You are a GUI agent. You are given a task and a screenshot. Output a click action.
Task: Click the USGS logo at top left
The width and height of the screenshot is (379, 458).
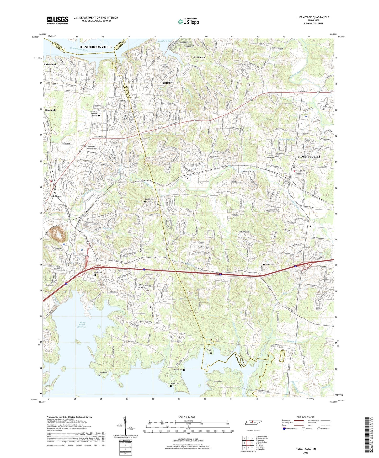[x=58, y=20]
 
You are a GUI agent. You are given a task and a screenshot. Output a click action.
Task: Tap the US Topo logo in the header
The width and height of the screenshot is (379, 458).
[x=188, y=22]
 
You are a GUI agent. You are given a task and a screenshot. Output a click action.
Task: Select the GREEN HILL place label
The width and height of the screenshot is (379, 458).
[x=172, y=83]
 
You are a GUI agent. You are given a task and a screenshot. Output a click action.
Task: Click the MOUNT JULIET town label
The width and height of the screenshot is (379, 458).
[x=309, y=157]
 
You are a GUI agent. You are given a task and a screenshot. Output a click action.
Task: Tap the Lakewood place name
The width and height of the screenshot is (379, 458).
[x=50, y=64]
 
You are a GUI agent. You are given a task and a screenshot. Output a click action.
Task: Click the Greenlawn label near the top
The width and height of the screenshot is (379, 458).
[x=199, y=57]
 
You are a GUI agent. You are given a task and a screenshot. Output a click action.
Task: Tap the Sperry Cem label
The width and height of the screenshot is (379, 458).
[x=209, y=350]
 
